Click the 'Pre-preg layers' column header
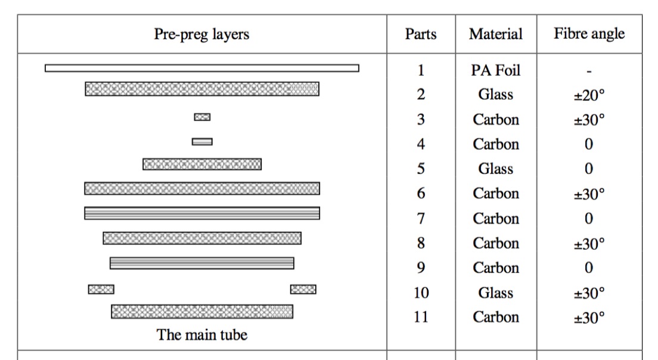point(201,35)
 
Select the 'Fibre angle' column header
point(589,33)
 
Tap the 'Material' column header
point(496,34)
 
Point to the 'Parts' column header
point(420,34)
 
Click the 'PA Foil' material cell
point(496,70)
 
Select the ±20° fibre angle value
point(589,95)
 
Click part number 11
point(421,316)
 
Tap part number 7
point(421,219)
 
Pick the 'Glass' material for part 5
point(496,169)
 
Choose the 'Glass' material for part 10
point(496,293)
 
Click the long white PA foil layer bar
point(202,68)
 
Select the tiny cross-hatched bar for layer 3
point(202,117)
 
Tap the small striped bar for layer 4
point(202,142)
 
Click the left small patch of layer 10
point(101,289)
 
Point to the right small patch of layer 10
point(303,289)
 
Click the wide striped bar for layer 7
point(202,213)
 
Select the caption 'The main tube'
point(202,335)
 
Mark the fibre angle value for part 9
point(589,268)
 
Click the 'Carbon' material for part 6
point(496,194)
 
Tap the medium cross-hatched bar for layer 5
point(202,164)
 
